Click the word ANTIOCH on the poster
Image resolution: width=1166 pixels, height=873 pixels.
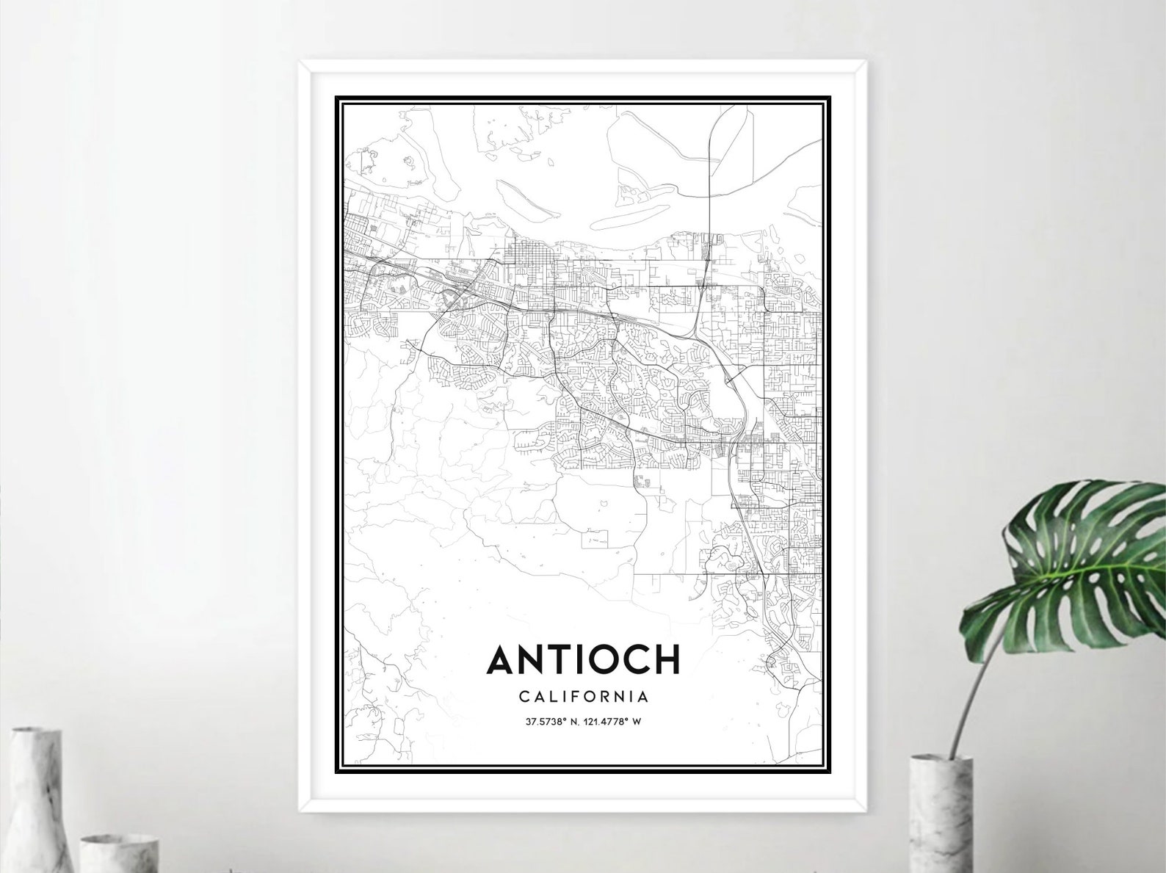click(583, 659)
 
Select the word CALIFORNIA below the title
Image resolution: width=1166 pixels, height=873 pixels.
click(583, 695)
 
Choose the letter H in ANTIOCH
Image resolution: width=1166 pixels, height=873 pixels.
click(665, 659)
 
